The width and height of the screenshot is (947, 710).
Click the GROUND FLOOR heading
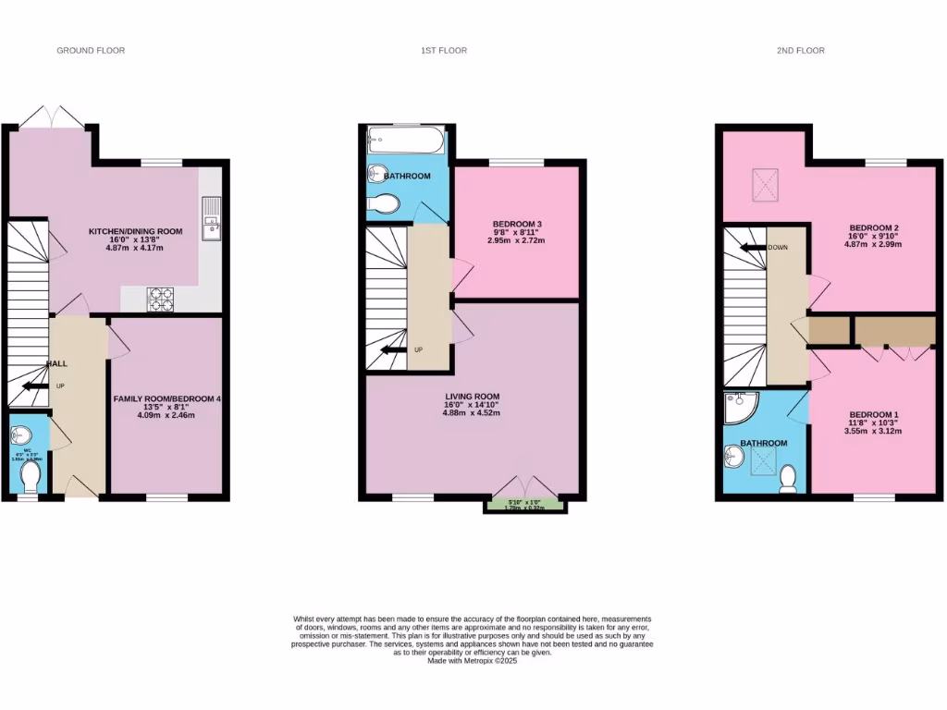tap(91, 50)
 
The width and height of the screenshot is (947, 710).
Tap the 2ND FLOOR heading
tap(800, 50)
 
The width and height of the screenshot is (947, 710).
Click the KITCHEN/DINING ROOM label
tap(135, 231)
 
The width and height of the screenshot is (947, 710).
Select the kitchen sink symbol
tap(212, 218)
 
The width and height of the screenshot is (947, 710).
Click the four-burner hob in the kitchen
tap(161, 299)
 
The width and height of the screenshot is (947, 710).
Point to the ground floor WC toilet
tap(30, 475)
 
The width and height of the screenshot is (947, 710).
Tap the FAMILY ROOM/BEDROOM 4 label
tap(167, 398)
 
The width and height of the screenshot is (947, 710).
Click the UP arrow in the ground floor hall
tap(35, 386)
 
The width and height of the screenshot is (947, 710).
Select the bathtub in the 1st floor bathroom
tap(404, 141)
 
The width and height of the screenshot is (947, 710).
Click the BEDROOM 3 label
tap(517, 224)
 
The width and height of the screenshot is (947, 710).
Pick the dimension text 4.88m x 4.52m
tap(471, 413)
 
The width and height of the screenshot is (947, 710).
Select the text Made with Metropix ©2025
tap(473, 661)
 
